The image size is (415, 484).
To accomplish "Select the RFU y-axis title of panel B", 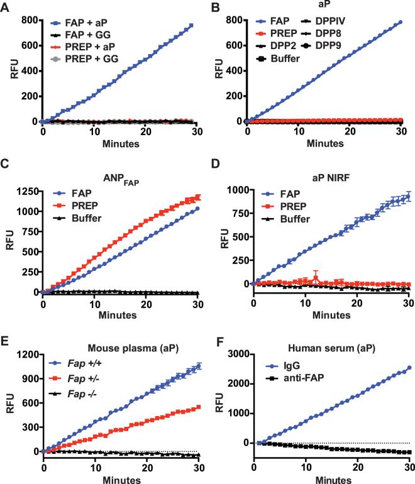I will [x=219, y=70].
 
